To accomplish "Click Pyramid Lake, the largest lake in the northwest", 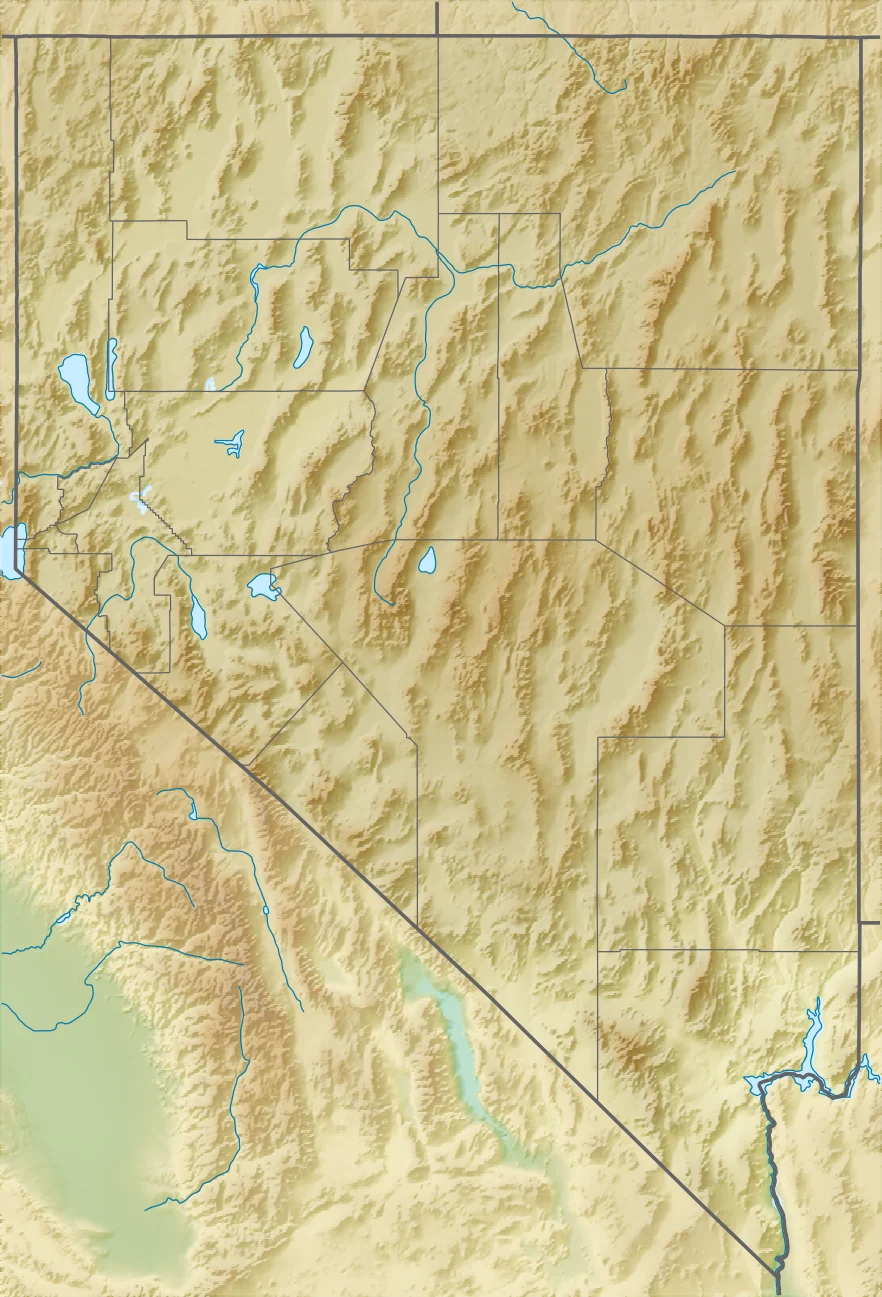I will tap(78, 380).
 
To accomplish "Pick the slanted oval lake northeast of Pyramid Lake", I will tap(302, 347).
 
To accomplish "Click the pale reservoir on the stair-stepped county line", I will tap(138, 497).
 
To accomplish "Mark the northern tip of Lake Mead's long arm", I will tap(818, 1002).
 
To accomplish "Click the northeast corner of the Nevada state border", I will tap(860, 38).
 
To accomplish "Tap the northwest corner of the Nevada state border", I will tap(15, 38).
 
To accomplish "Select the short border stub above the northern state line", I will tap(437, 18).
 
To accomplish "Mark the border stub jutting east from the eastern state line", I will tap(870, 923).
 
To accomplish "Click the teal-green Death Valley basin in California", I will tap(450, 1040).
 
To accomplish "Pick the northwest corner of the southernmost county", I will tap(598, 951).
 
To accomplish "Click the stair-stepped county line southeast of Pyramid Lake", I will tap(165, 520).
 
